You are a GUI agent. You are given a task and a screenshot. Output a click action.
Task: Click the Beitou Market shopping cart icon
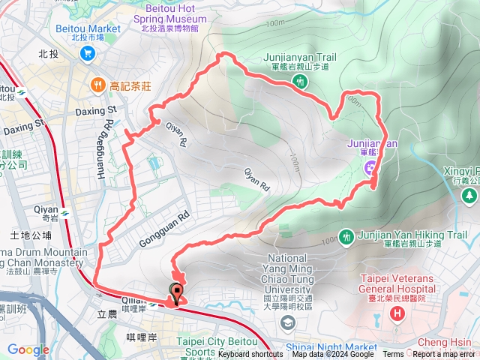(88, 53)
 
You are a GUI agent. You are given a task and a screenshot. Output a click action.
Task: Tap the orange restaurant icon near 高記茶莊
(97, 85)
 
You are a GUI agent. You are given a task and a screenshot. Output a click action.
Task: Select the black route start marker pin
(177, 293)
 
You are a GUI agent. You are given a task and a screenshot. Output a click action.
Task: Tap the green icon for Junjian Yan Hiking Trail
(346, 236)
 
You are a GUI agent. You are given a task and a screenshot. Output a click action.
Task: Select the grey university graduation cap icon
(287, 322)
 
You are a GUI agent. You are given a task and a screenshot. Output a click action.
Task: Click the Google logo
(28, 349)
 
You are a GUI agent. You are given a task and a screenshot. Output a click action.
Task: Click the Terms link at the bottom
(393, 354)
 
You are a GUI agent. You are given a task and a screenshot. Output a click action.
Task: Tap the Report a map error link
(444, 354)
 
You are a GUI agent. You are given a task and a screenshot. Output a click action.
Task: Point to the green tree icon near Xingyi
(469, 195)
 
